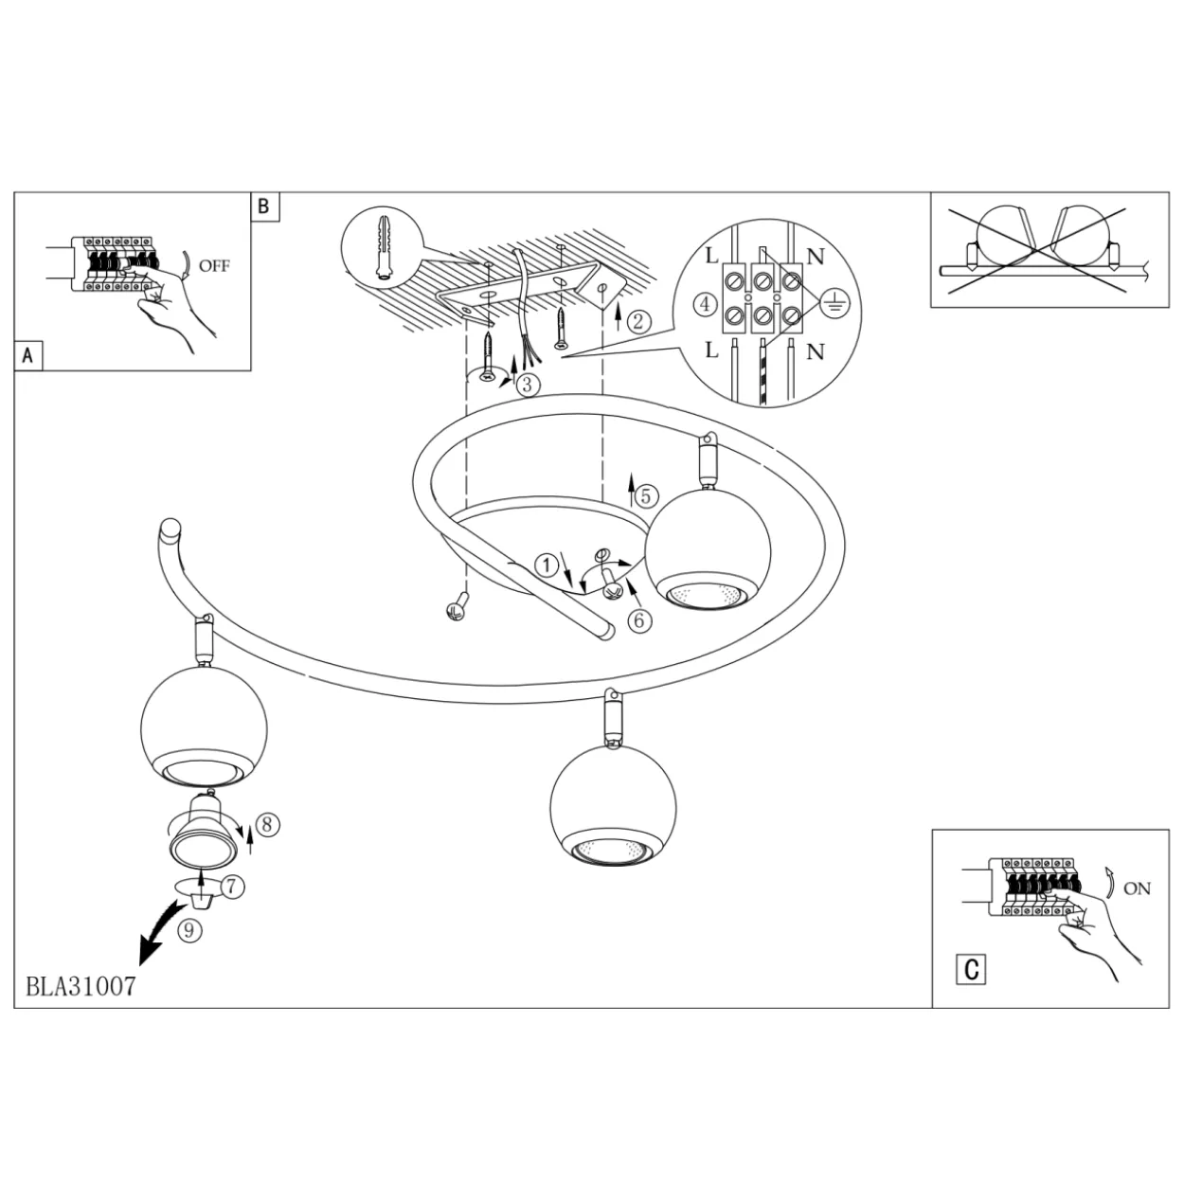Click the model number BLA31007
(x=81, y=986)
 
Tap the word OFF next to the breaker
(x=214, y=266)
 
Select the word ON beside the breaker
(x=1137, y=888)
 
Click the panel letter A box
(x=27, y=356)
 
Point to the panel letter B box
(x=265, y=206)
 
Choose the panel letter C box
(x=972, y=970)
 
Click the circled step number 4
(x=706, y=303)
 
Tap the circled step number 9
(x=189, y=929)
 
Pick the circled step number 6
(x=639, y=620)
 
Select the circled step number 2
(x=639, y=321)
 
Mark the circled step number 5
(x=646, y=495)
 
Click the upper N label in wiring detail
(x=816, y=256)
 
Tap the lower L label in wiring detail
(x=711, y=350)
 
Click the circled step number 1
(x=547, y=565)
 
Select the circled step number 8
(x=267, y=824)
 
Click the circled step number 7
(x=232, y=887)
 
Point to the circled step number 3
(x=528, y=386)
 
